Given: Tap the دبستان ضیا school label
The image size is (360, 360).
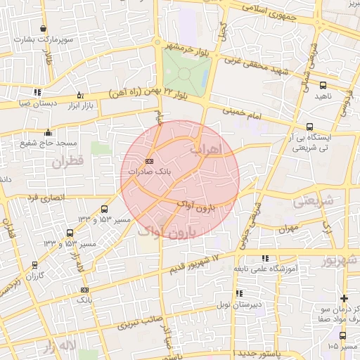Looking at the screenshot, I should [x=34, y=103].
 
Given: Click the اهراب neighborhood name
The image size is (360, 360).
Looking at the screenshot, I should [x=205, y=149].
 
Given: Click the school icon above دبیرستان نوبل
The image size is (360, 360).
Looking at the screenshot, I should [x=240, y=293].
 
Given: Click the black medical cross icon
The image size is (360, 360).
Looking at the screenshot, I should [x=344, y=298].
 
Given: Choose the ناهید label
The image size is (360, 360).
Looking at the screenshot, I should [x=321, y=95].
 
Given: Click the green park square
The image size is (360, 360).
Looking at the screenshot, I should [x=186, y=69].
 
